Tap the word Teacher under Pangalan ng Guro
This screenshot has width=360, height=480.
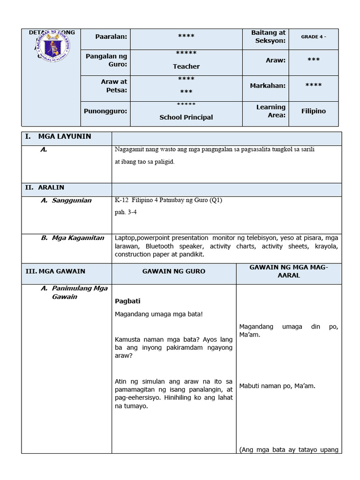186,67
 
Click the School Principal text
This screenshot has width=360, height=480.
186,117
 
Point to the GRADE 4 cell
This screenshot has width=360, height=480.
313,37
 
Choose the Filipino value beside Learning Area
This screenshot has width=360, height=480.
313,111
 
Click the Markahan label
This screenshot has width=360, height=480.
267,86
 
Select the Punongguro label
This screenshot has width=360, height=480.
105,111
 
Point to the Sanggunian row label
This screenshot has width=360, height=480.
67,201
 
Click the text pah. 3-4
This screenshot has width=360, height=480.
126,212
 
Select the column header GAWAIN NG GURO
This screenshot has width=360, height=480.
174,271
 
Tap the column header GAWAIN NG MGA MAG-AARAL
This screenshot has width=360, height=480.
289,271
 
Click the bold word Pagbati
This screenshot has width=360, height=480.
127,301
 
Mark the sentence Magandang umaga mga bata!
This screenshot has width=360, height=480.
159,314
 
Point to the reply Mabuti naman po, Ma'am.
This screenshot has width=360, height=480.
277,386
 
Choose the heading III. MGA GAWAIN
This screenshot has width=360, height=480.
55,271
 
